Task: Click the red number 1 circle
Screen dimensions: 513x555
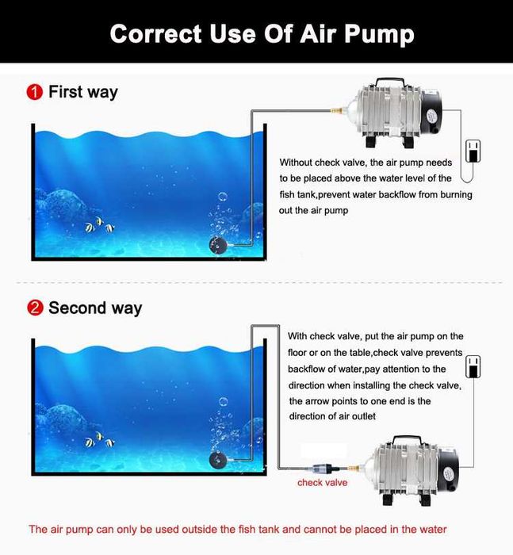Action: [x=35, y=92]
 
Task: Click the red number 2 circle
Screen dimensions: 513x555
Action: [x=35, y=308]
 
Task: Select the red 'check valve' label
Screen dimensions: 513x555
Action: [x=322, y=482]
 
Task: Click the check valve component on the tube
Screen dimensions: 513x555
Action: [x=323, y=469]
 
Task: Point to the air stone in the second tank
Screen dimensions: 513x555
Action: [x=217, y=460]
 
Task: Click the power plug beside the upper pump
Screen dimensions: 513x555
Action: [x=473, y=151]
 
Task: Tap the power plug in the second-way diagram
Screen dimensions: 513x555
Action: [x=473, y=366]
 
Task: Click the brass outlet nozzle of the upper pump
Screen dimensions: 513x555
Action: [x=337, y=111]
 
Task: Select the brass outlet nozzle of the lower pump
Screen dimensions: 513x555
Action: [x=354, y=469]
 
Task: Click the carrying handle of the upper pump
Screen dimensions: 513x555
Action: [x=390, y=82]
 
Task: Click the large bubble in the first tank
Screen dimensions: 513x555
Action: [x=222, y=197]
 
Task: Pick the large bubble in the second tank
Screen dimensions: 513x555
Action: [x=223, y=402]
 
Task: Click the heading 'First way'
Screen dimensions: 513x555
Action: [x=82, y=92]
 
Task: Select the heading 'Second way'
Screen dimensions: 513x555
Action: [x=95, y=308]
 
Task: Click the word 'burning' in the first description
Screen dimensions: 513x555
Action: [x=456, y=195]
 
